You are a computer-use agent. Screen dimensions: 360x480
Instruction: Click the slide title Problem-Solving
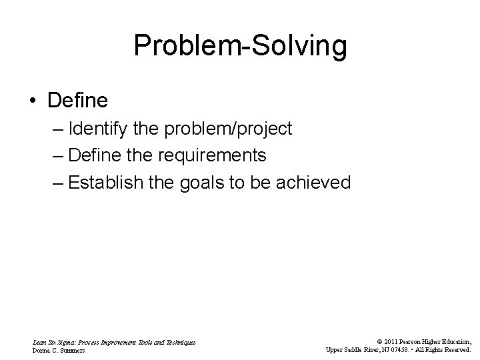(x=240, y=46)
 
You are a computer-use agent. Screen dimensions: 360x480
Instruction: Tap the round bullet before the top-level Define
(x=33, y=101)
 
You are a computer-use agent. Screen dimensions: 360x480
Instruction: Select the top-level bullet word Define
(x=77, y=101)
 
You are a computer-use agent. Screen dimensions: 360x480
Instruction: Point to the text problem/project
(x=241, y=129)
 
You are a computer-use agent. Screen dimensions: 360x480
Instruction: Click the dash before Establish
(x=56, y=183)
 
